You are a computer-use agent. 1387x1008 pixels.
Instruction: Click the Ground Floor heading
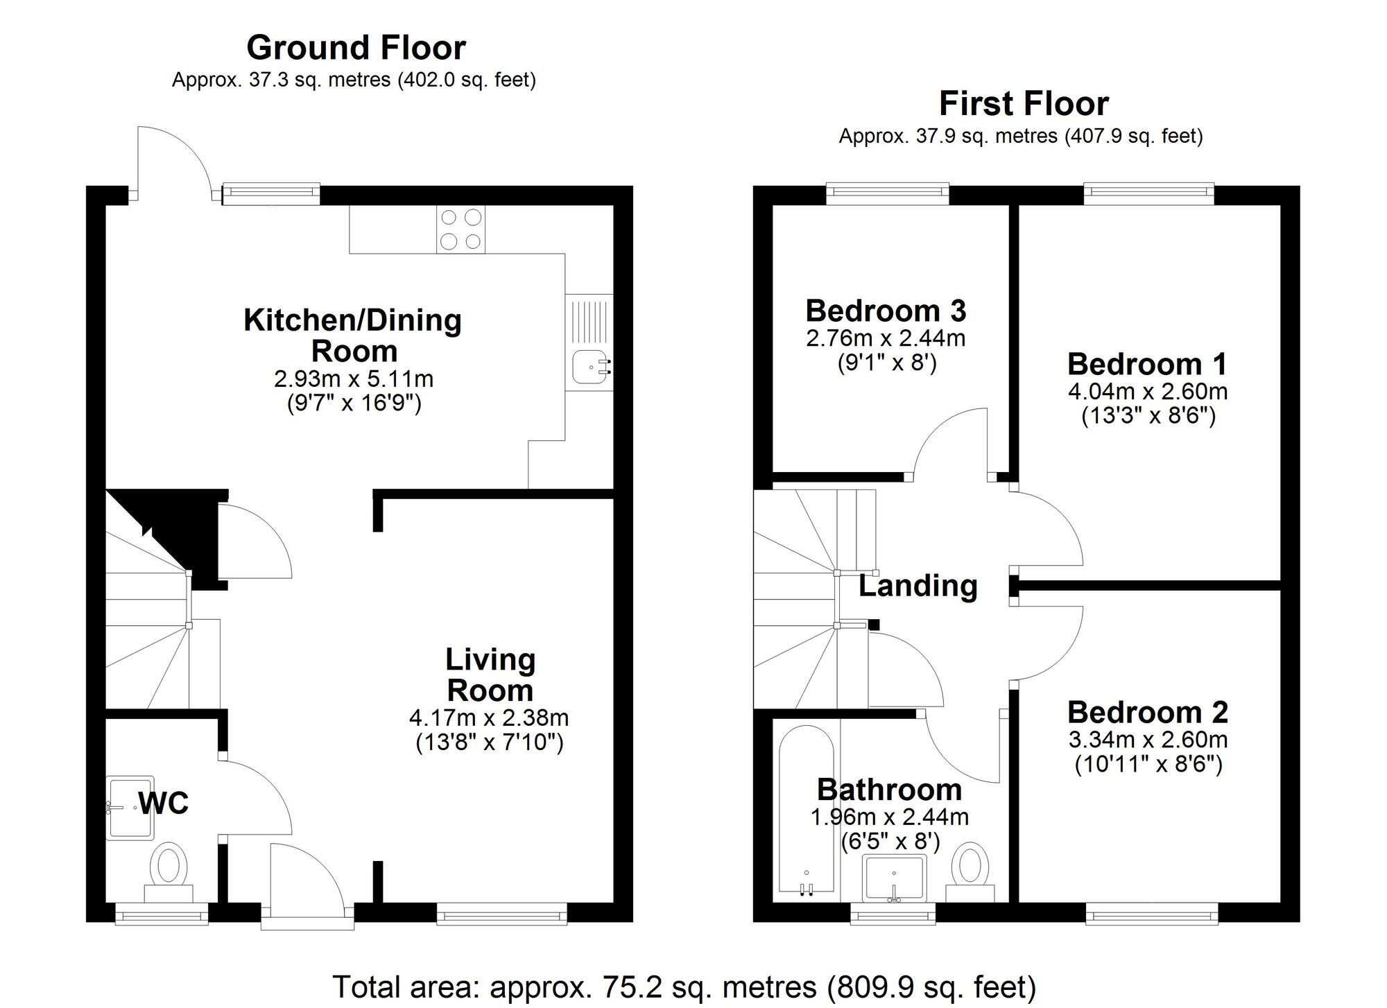click(356, 48)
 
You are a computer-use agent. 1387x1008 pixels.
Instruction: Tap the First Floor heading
click(1023, 104)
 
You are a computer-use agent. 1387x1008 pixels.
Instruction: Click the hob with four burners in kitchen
click(461, 229)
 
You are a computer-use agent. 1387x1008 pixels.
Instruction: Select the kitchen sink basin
click(588, 367)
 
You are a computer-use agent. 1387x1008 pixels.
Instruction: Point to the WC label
click(164, 803)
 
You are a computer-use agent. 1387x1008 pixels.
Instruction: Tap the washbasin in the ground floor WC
click(130, 808)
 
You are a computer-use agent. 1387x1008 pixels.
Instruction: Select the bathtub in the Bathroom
click(806, 808)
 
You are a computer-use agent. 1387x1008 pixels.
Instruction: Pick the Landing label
click(918, 586)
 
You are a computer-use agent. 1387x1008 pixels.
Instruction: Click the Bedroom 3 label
click(886, 311)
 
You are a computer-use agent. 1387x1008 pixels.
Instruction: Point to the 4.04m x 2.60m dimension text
click(1148, 392)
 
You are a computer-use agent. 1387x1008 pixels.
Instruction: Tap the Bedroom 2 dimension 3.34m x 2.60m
click(1148, 740)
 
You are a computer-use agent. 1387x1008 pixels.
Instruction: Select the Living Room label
click(490, 675)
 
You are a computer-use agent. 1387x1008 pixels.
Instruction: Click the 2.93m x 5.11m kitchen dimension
click(354, 379)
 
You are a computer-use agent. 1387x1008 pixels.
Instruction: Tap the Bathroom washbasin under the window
click(894, 878)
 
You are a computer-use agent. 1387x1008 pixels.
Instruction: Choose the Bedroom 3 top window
click(887, 193)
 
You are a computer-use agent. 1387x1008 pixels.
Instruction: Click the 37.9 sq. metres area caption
click(1020, 136)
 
